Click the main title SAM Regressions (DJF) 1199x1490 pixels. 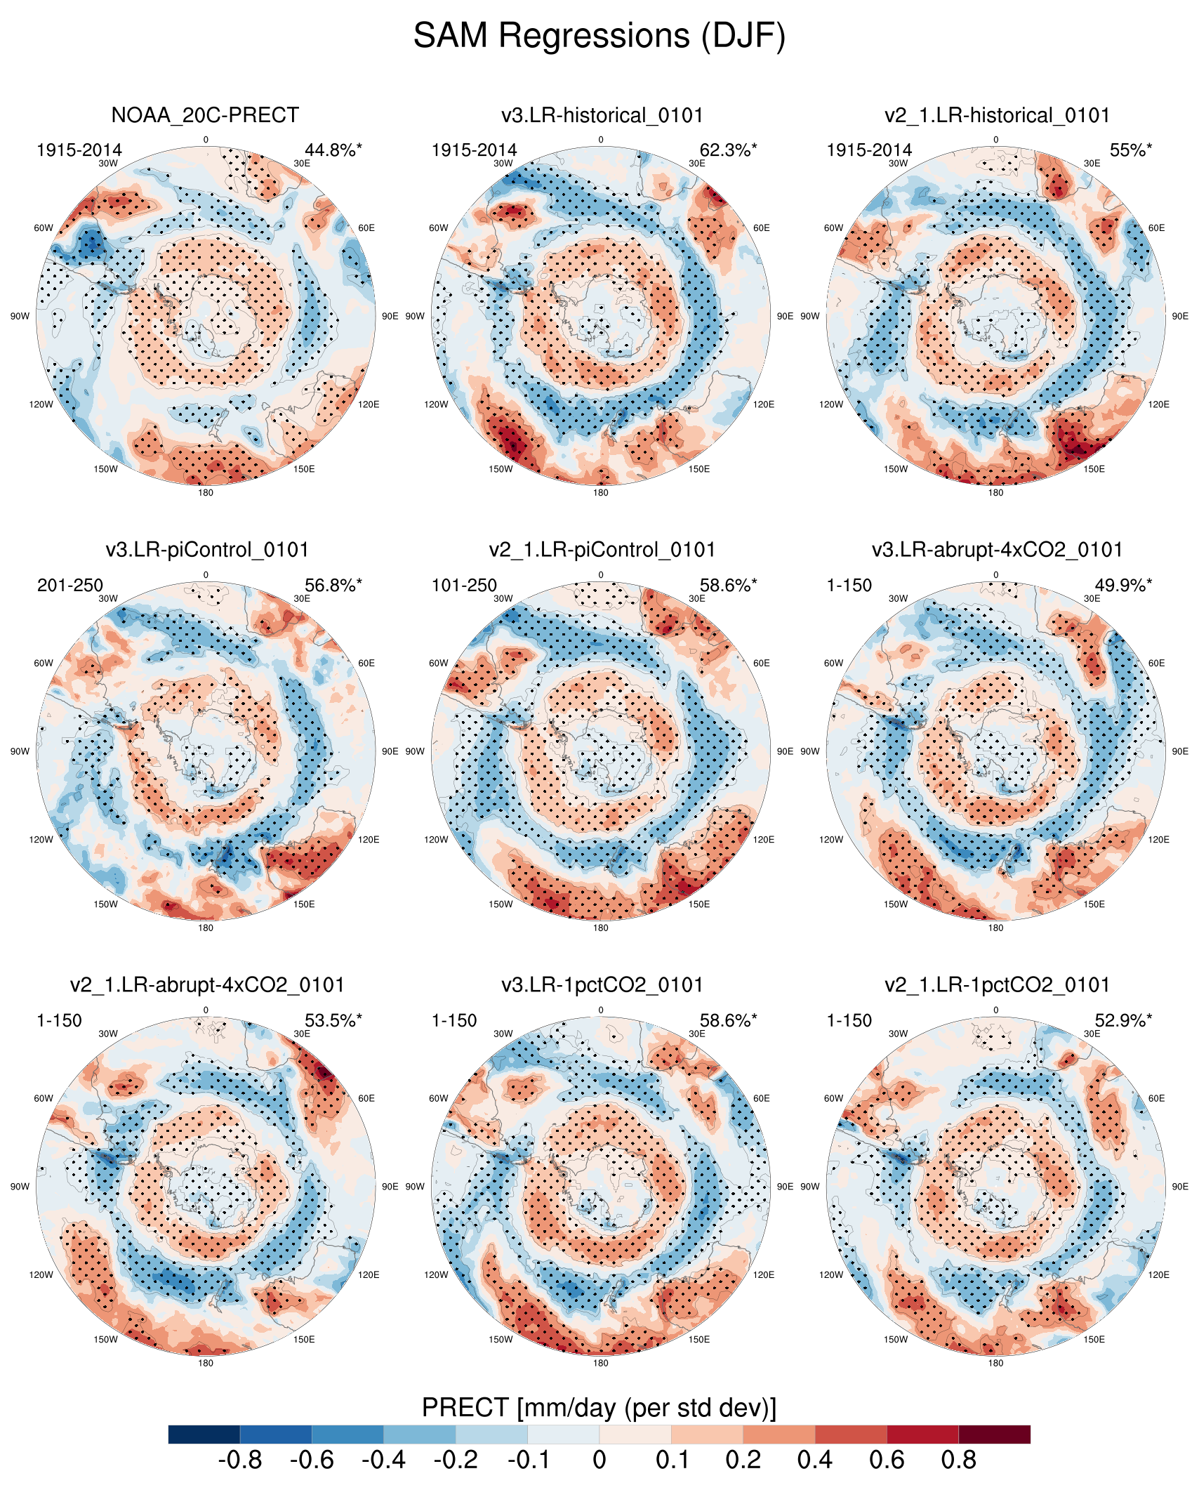599,35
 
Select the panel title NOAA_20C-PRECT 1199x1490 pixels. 205,115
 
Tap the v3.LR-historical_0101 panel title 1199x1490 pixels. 602,115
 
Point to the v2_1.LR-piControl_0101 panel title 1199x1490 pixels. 602,550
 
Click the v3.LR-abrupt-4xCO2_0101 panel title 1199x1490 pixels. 997,550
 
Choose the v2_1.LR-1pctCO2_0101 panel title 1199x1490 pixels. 997,985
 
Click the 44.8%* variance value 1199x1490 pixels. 333,150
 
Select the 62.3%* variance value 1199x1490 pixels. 728,150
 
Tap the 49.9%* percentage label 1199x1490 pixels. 1123,586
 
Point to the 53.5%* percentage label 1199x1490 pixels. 333,1021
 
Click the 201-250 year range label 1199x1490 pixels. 70,586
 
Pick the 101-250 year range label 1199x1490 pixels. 464,586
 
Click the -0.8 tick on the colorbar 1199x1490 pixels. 240,1461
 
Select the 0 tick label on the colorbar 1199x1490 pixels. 599,1461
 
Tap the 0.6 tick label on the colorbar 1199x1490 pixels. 887,1461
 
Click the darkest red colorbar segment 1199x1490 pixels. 994,1434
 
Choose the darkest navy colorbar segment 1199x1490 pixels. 204,1434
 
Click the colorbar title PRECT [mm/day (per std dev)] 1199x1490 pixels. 599,1408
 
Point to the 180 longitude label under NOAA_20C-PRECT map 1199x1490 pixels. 205,493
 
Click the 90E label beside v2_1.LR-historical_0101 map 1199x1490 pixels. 1180,316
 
